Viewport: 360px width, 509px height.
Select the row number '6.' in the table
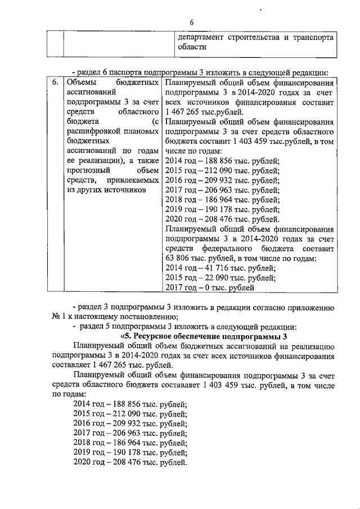tap(55, 83)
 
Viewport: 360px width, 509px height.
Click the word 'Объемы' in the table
tap(81, 83)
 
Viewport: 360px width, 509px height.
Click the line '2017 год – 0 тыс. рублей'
tap(211, 287)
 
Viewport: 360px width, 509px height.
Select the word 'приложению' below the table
tap(312, 307)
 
